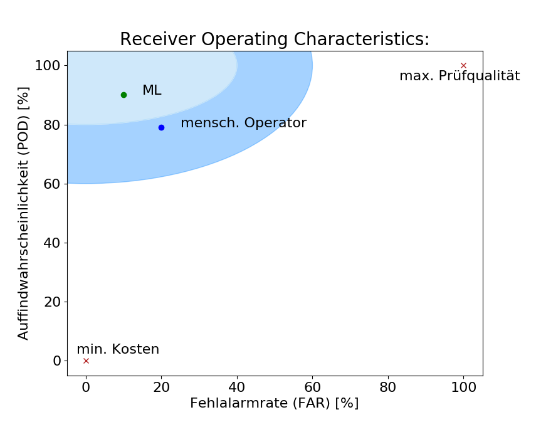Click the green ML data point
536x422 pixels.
click(x=123, y=95)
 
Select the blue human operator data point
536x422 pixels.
click(x=161, y=127)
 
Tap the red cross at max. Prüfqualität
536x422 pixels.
click(x=463, y=65)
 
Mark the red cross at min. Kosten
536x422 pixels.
click(x=86, y=361)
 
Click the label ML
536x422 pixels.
click(x=152, y=90)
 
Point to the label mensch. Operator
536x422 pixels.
click(x=243, y=123)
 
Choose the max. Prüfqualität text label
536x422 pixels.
click(x=460, y=76)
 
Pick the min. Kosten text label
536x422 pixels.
click(x=118, y=349)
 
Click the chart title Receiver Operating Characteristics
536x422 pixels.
click(x=275, y=40)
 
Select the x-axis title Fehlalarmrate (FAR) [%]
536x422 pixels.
click(x=275, y=403)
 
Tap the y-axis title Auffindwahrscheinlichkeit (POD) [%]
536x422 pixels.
click(x=24, y=213)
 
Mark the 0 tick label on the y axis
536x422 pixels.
click(x=57, y=361)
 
